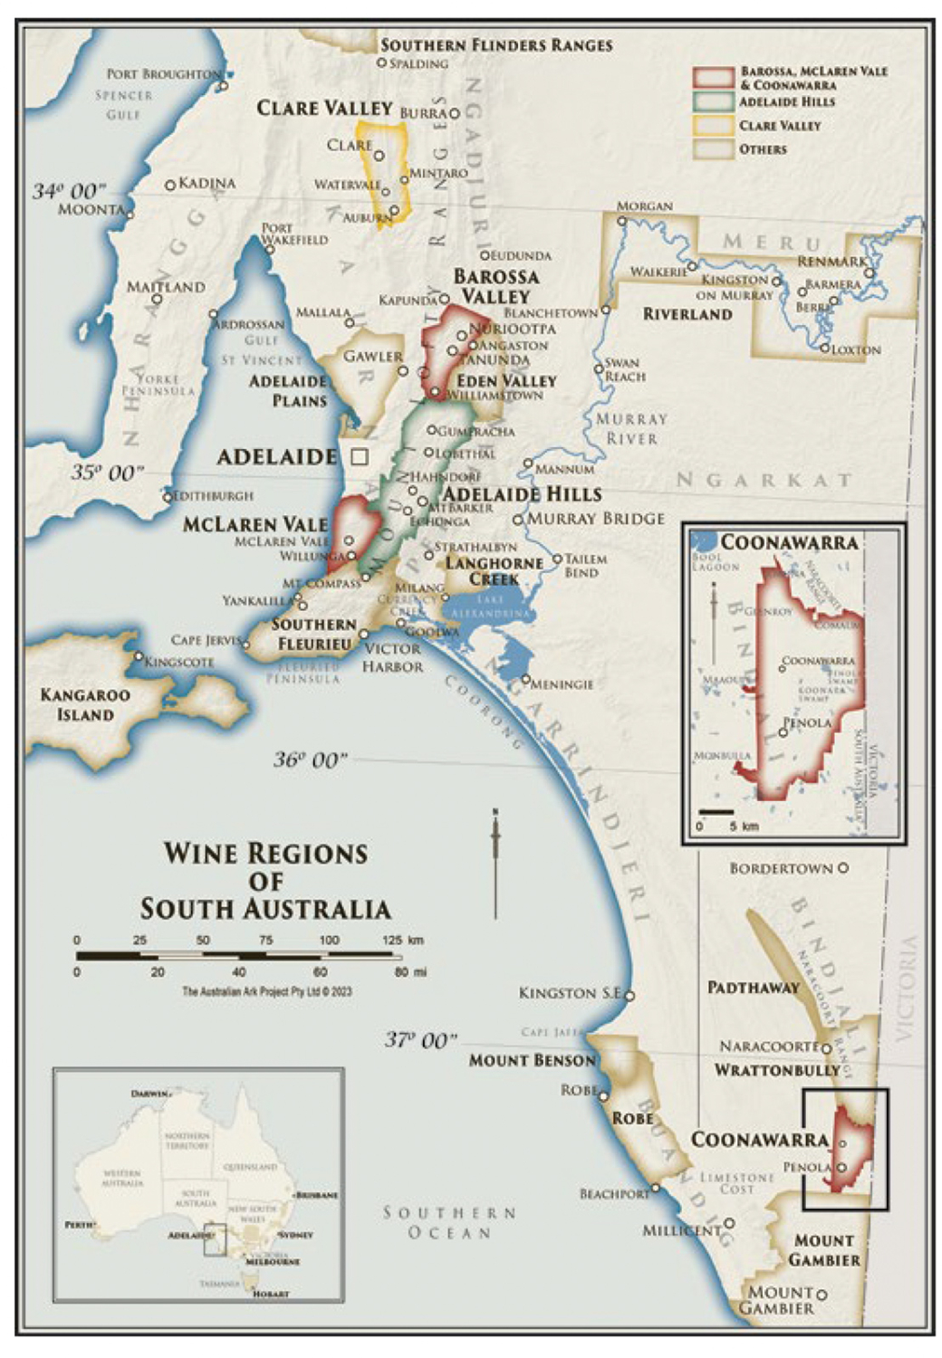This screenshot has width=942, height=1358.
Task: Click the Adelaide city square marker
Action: [x=360, y=456]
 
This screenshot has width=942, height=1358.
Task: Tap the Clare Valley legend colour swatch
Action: [x=713, y=126]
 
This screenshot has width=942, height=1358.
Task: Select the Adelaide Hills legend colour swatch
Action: [x=713, y=102]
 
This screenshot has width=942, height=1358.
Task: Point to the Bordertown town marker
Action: [x=842, y=867]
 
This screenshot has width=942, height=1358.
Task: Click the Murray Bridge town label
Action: [x=595, y=519]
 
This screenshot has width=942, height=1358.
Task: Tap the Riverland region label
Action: [x=687, y=314]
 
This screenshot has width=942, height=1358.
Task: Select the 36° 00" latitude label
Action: [x=310, y=760]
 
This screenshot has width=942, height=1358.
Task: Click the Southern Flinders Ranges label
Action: [x=495, y=45]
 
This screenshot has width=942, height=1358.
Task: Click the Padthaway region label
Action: [x=753, y=988]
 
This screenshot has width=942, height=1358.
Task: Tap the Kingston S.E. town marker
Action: [x=630, y=996]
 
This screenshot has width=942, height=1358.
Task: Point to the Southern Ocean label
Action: [x=449, y=1222]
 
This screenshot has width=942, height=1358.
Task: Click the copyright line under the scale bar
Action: [x=266, y=991]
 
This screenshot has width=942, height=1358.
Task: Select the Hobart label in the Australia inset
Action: [x=270, y=1294]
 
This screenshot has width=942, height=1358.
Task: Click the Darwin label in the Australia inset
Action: [x=149, y=1094]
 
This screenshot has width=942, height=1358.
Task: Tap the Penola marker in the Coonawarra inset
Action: [x=783, y=732]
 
